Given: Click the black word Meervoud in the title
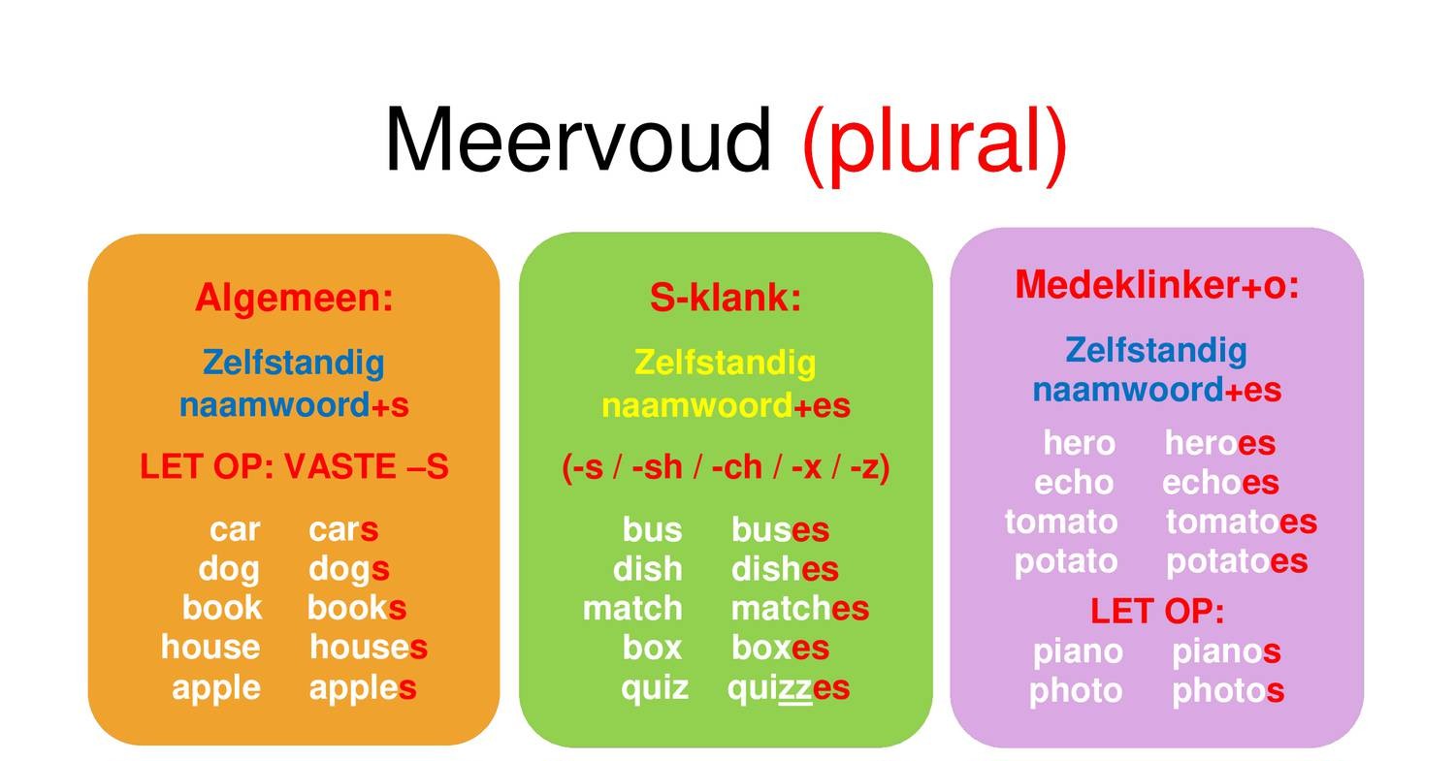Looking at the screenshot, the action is click(578, 141).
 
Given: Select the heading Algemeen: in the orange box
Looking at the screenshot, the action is click(294, 298).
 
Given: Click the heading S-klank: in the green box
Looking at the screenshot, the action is click(726, 298).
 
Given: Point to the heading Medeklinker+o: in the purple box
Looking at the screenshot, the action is click(1157, 284).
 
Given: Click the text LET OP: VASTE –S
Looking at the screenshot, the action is click(294, 466).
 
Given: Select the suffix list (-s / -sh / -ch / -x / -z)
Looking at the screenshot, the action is click(726, 467).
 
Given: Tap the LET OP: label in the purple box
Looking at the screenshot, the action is click(1157, 611).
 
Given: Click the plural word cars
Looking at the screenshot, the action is click(343, 530).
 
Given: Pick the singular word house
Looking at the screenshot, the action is click(210, 648).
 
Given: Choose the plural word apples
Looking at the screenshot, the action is click(363, 688).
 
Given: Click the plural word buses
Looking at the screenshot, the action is click(780, 530).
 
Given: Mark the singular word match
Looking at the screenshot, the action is click(632, 609).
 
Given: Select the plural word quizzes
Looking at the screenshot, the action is click(789, 688).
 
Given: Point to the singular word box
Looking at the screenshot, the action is click(652, 648).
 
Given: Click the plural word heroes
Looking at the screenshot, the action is click(1220, 443).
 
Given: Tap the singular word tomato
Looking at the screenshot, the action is click(1061, 523).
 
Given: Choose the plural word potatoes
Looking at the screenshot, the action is click(1237, 561).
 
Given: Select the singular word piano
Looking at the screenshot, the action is click(1079, 651).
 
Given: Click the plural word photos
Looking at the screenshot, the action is click(1228, 691).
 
